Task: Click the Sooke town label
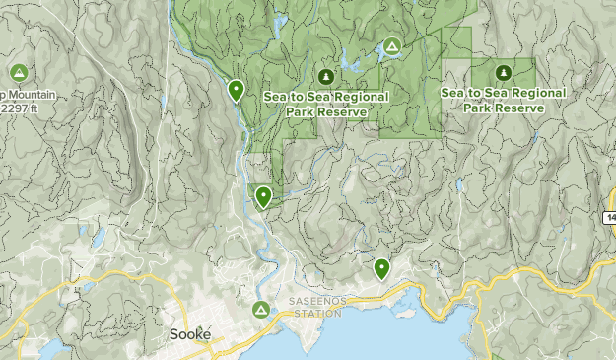coord(188,333)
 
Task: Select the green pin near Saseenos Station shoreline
coord(381,268)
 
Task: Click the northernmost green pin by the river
coord(236,91)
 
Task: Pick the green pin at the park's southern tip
coord(263,196)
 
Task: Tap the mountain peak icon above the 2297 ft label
coord(18,73)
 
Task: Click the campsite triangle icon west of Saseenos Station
coord(260,310)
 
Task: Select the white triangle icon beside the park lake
coord(391,46)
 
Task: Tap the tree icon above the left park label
coord(326,76)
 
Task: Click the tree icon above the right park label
coord(503,72)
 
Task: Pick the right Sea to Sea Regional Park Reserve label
coord(503,100)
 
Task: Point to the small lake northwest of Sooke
coord(98,238)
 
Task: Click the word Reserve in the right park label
coord(518,108)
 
